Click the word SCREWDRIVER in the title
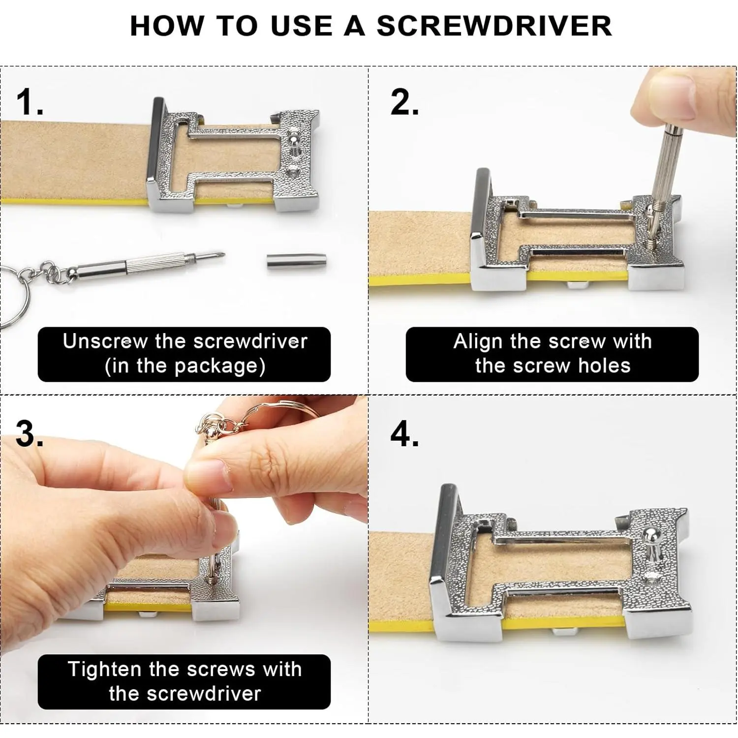494,26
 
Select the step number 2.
404,102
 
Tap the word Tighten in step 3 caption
105,670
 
